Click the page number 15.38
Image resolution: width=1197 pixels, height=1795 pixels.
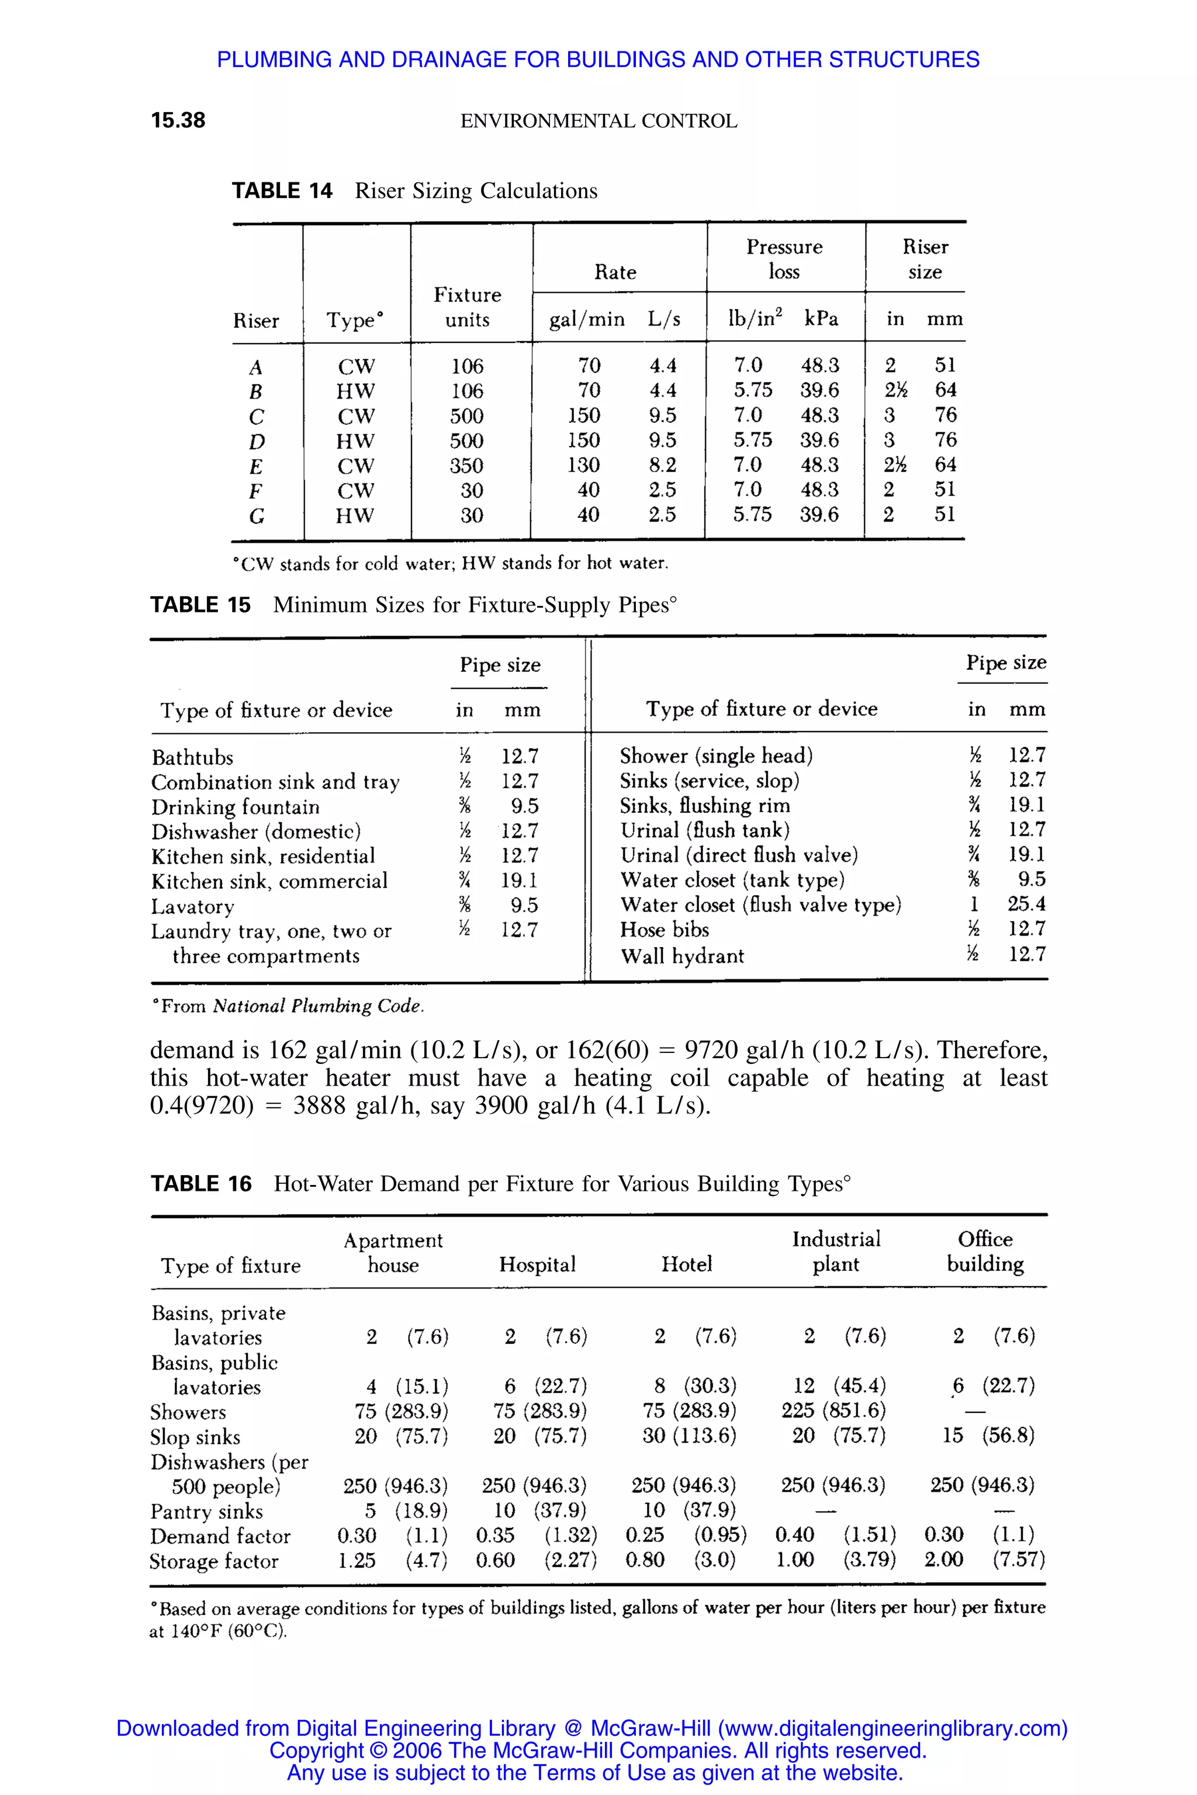click(178, 120)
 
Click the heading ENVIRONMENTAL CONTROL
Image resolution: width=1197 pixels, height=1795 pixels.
click(598, 122)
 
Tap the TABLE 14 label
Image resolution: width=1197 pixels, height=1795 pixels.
click(282, 191)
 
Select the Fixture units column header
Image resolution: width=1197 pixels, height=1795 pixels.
click(467, 307)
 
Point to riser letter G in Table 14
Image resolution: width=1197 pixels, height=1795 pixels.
click(257, 517)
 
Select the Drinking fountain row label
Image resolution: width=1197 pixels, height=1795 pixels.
click(235, 808)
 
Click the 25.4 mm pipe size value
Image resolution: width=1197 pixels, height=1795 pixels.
click(1026, 905)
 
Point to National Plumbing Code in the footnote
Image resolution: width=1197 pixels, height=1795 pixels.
click(317, 1006)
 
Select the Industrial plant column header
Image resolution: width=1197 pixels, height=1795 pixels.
click(836, 1252)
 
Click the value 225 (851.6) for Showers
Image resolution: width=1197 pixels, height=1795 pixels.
click(833, 1411)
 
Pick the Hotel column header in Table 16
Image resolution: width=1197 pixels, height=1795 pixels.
click(686, 1264)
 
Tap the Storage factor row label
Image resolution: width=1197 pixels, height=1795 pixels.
click(214, 1561)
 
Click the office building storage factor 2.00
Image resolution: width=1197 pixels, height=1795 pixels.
click(943, 1560)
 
